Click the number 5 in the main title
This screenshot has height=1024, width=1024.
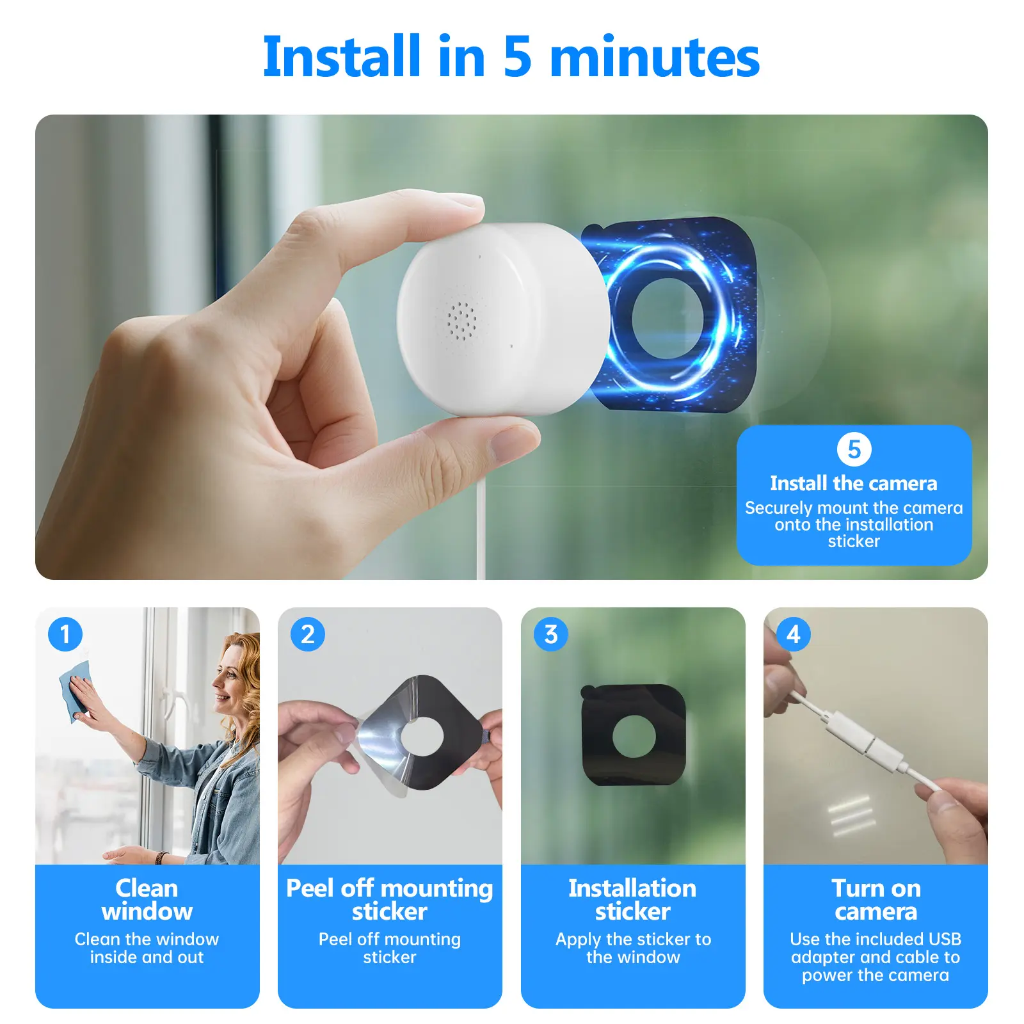click(517, 57)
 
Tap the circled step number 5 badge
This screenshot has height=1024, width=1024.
click(854, 449)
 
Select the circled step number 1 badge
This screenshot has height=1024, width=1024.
click(65, 634)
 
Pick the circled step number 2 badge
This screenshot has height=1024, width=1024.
click(308, 634)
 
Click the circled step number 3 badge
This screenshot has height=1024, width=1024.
click(551, 634)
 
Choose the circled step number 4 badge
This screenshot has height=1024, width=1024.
click(794, 634)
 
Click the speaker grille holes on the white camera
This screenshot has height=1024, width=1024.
click(461, 320)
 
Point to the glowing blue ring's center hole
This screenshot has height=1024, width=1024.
click(668, 318)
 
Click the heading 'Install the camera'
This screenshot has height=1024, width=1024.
click(854, 483)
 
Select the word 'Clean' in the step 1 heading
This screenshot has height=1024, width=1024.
click(147, 888)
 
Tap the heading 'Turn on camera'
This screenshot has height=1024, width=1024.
click(876, 900)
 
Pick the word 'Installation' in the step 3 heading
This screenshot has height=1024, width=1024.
click(632, 888)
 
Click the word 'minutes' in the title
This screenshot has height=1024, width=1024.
click(655, 57)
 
